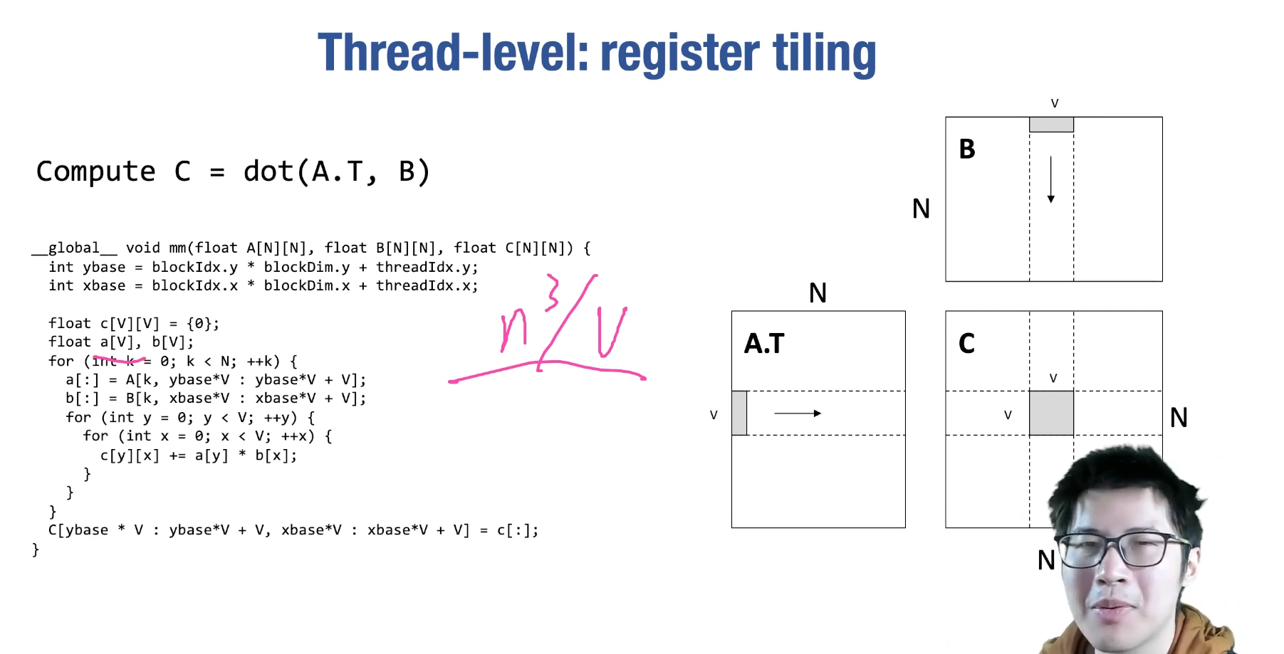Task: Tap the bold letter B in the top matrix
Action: tap(966, 149)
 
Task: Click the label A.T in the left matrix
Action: tap(763, 344)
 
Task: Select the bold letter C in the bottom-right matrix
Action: tap(966, 344)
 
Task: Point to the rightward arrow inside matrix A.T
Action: tap(798, 413)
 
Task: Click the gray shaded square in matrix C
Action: tap(1051, 413)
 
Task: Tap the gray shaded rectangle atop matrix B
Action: tap(1051, 125)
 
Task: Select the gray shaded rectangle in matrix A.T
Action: tap(739, 413)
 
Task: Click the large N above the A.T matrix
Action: tap(818, 293)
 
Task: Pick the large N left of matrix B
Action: tap(921, 209)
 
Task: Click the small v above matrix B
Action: tap(1055, 104)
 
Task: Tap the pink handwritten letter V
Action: tap(611, 331)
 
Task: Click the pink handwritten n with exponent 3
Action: tap(523, 320)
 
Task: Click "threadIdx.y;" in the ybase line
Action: tap(427, 268)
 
